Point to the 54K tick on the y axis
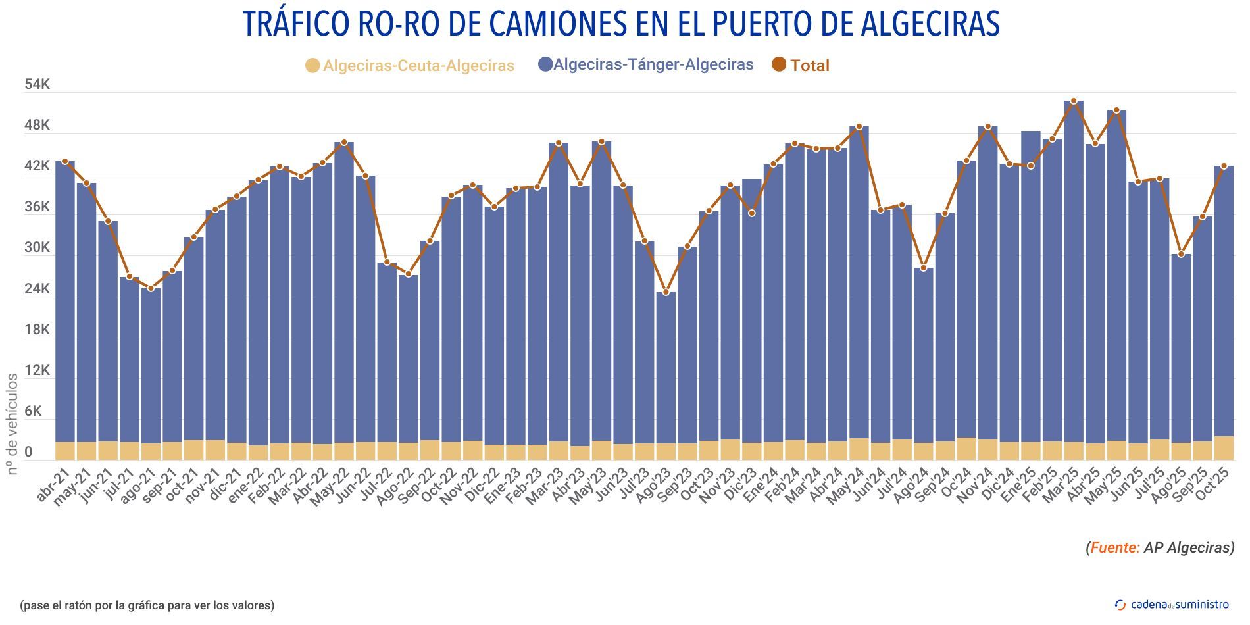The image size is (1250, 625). pyautogui.click(x=37, y=84)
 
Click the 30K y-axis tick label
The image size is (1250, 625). pyautogui.click(x=37, y=248)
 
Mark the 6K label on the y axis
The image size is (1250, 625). pyautogui.click(x=37, y=412)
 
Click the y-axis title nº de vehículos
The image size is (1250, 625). pyautogui.click(x=12, y=424)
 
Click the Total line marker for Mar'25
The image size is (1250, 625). pyautogui.click(x=1074, y=101)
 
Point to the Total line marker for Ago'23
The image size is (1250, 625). pyautogui.click(x=666, y=292)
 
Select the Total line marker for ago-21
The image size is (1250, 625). pyautogui.click(x=151, y=288)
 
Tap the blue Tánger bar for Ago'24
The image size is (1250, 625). pyautogui.click(x=923, y=355)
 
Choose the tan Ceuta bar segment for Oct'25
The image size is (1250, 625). pyautogui.click(x=1224, y=448)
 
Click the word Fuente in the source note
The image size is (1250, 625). pyautogui.click(x=1115, y=547)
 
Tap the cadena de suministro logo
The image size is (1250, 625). pyautogui.click(x=1172, y=605)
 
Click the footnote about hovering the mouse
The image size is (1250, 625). pyautogui.click(x=147, y=605)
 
